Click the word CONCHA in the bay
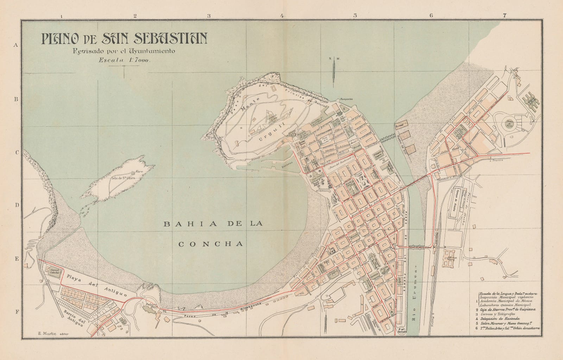pyautogui.click(x=211, y=244)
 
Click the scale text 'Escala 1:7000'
pyautogui.click(x=125, y=61)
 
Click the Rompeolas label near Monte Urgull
pyautogui.click(x=346, y=99)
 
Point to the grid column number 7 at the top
pyautogui.click(x=505, y=15)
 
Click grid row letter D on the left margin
pyautogui.click(x=15, y=205)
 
